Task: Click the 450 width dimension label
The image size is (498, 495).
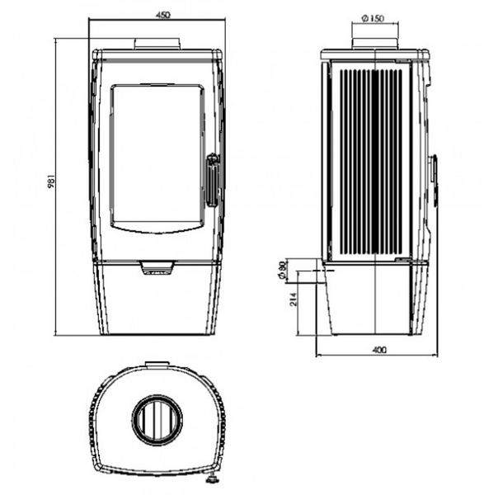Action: (163, 15)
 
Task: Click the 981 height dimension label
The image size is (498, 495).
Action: (52, 181)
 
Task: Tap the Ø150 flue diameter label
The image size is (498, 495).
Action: (373, 18)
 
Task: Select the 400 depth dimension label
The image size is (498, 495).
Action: (379, 350)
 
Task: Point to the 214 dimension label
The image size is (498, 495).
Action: (294, 299)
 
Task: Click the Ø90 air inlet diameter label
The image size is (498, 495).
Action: (282, 271)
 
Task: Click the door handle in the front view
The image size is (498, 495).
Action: (213, 181)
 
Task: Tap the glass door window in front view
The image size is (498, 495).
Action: (157, 158)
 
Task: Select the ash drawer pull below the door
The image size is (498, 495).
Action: (157, 267)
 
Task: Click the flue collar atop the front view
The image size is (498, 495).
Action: (157, 45)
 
